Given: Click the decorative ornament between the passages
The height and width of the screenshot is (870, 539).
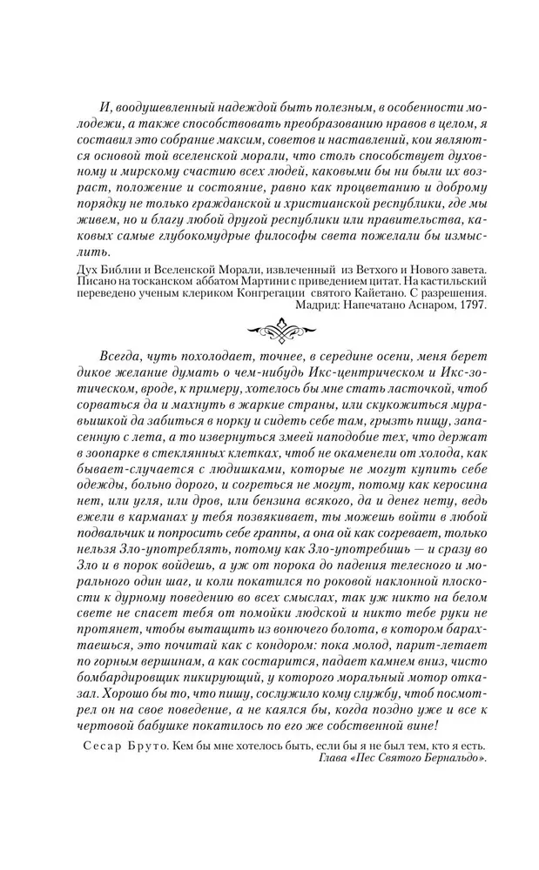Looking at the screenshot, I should (x=269, y=331).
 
